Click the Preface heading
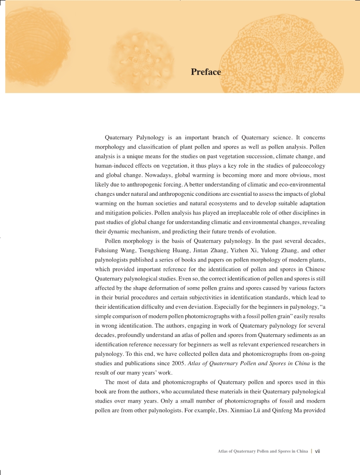206,72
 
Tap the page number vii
317,451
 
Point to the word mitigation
112,213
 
